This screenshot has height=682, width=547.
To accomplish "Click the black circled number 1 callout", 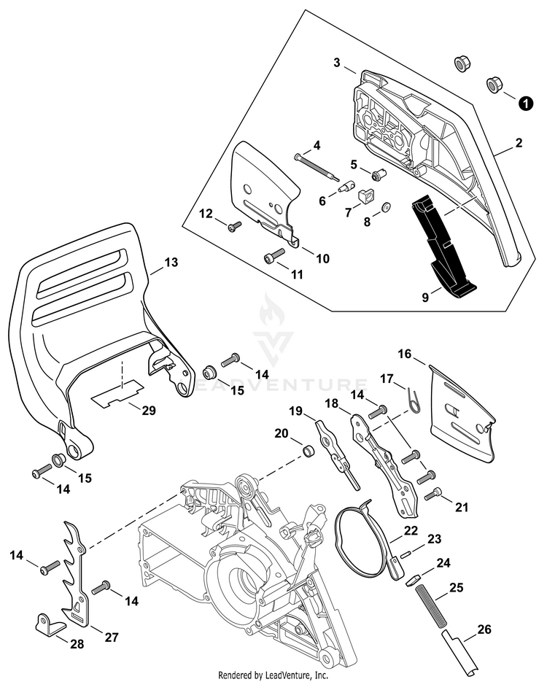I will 524,104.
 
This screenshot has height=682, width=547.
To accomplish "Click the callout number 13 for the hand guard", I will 170,260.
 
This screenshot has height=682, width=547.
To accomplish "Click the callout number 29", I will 148,411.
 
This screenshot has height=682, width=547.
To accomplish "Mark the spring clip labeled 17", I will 414,400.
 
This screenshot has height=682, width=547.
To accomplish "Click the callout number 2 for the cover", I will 519,143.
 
